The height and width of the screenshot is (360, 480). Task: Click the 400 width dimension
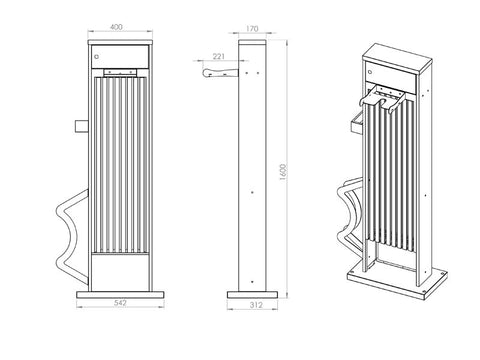tap(116, 27)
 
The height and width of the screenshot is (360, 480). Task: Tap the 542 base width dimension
tap(120, 303)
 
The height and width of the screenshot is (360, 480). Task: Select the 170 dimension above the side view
tap(252, 29)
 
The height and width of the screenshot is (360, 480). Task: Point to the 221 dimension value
tap(219, 57)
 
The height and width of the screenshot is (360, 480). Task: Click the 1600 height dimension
tap(283, 172)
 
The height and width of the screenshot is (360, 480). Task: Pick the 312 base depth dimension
tap(256, 305)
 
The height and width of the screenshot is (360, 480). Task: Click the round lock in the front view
tap(97, 56)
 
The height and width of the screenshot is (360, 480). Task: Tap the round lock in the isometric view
tap(370, 71)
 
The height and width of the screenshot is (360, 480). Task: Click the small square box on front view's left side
tap(81, 126)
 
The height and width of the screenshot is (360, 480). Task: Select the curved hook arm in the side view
tap(220, 72)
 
